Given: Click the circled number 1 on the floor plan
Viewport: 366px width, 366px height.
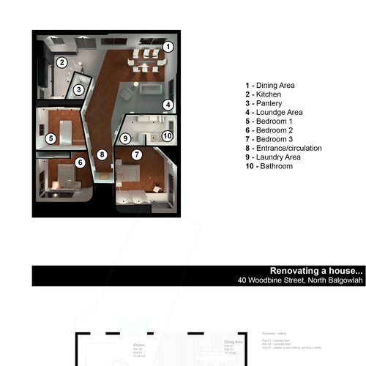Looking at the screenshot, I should click(x=168, y=47).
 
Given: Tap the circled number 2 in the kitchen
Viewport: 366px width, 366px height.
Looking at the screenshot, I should click(x=63, y=62).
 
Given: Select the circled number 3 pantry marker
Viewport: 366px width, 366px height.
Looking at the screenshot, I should click(x=78, y=90).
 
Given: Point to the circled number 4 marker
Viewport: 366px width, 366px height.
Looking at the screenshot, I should click(x=168, y=105).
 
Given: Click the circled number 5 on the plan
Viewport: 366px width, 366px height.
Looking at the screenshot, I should click(x=51, y=138).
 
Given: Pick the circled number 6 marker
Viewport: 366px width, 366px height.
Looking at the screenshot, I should click(x=81, y=163).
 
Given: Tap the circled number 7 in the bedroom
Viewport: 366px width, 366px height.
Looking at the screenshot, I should click(x=136, y=155).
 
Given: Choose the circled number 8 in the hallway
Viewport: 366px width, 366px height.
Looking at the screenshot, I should click(x=102, y=155).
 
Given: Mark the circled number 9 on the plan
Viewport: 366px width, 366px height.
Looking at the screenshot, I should click(x=125, y=138).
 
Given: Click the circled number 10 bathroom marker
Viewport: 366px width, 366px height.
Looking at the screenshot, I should click(x=167, y=135).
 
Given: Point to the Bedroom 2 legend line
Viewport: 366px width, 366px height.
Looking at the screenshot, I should click(x=269, y=130).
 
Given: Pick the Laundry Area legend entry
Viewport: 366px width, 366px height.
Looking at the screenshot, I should click(x=272, y=157).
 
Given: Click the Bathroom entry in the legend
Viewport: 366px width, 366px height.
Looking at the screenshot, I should click(x=269, y=166).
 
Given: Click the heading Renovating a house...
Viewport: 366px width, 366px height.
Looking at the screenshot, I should click(x=316, y=269).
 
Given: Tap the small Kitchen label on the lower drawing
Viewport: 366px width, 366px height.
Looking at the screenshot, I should click(x=138, y=343).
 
